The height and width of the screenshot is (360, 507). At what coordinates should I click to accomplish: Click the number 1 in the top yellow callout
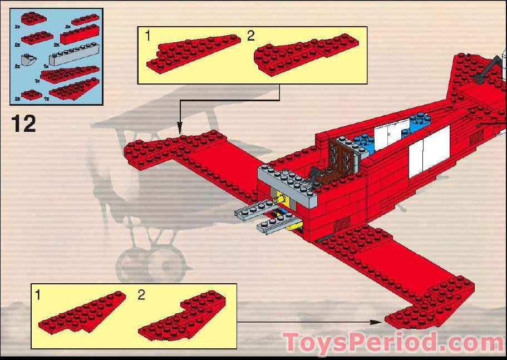point(147,36)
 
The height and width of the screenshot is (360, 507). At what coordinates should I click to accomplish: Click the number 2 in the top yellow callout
point(250,36)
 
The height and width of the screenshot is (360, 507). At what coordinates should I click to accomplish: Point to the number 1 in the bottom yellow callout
point(38,295)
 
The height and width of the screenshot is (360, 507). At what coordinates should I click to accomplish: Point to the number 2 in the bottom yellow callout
point(141,295)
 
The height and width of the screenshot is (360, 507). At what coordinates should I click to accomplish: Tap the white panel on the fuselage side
point(429,150)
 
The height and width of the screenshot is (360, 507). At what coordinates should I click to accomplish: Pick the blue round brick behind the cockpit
point(417,120)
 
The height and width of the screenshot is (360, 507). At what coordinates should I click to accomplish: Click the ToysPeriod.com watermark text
point(393,342)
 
